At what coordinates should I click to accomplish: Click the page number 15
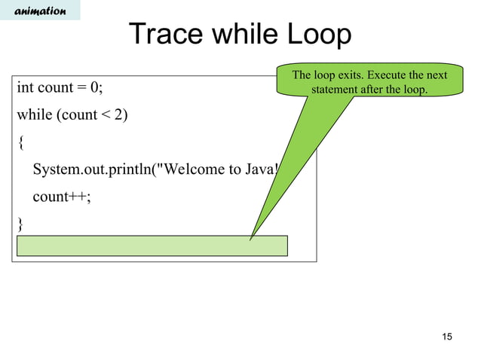point(447,336)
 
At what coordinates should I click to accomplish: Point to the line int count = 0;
point(60,88)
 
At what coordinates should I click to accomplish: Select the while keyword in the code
point(34,115)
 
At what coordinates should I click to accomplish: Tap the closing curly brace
point(20,224)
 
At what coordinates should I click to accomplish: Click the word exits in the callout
point(354,75)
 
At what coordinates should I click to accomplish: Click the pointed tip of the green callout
point(251,239)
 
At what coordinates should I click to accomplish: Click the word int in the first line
point(25,88)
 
